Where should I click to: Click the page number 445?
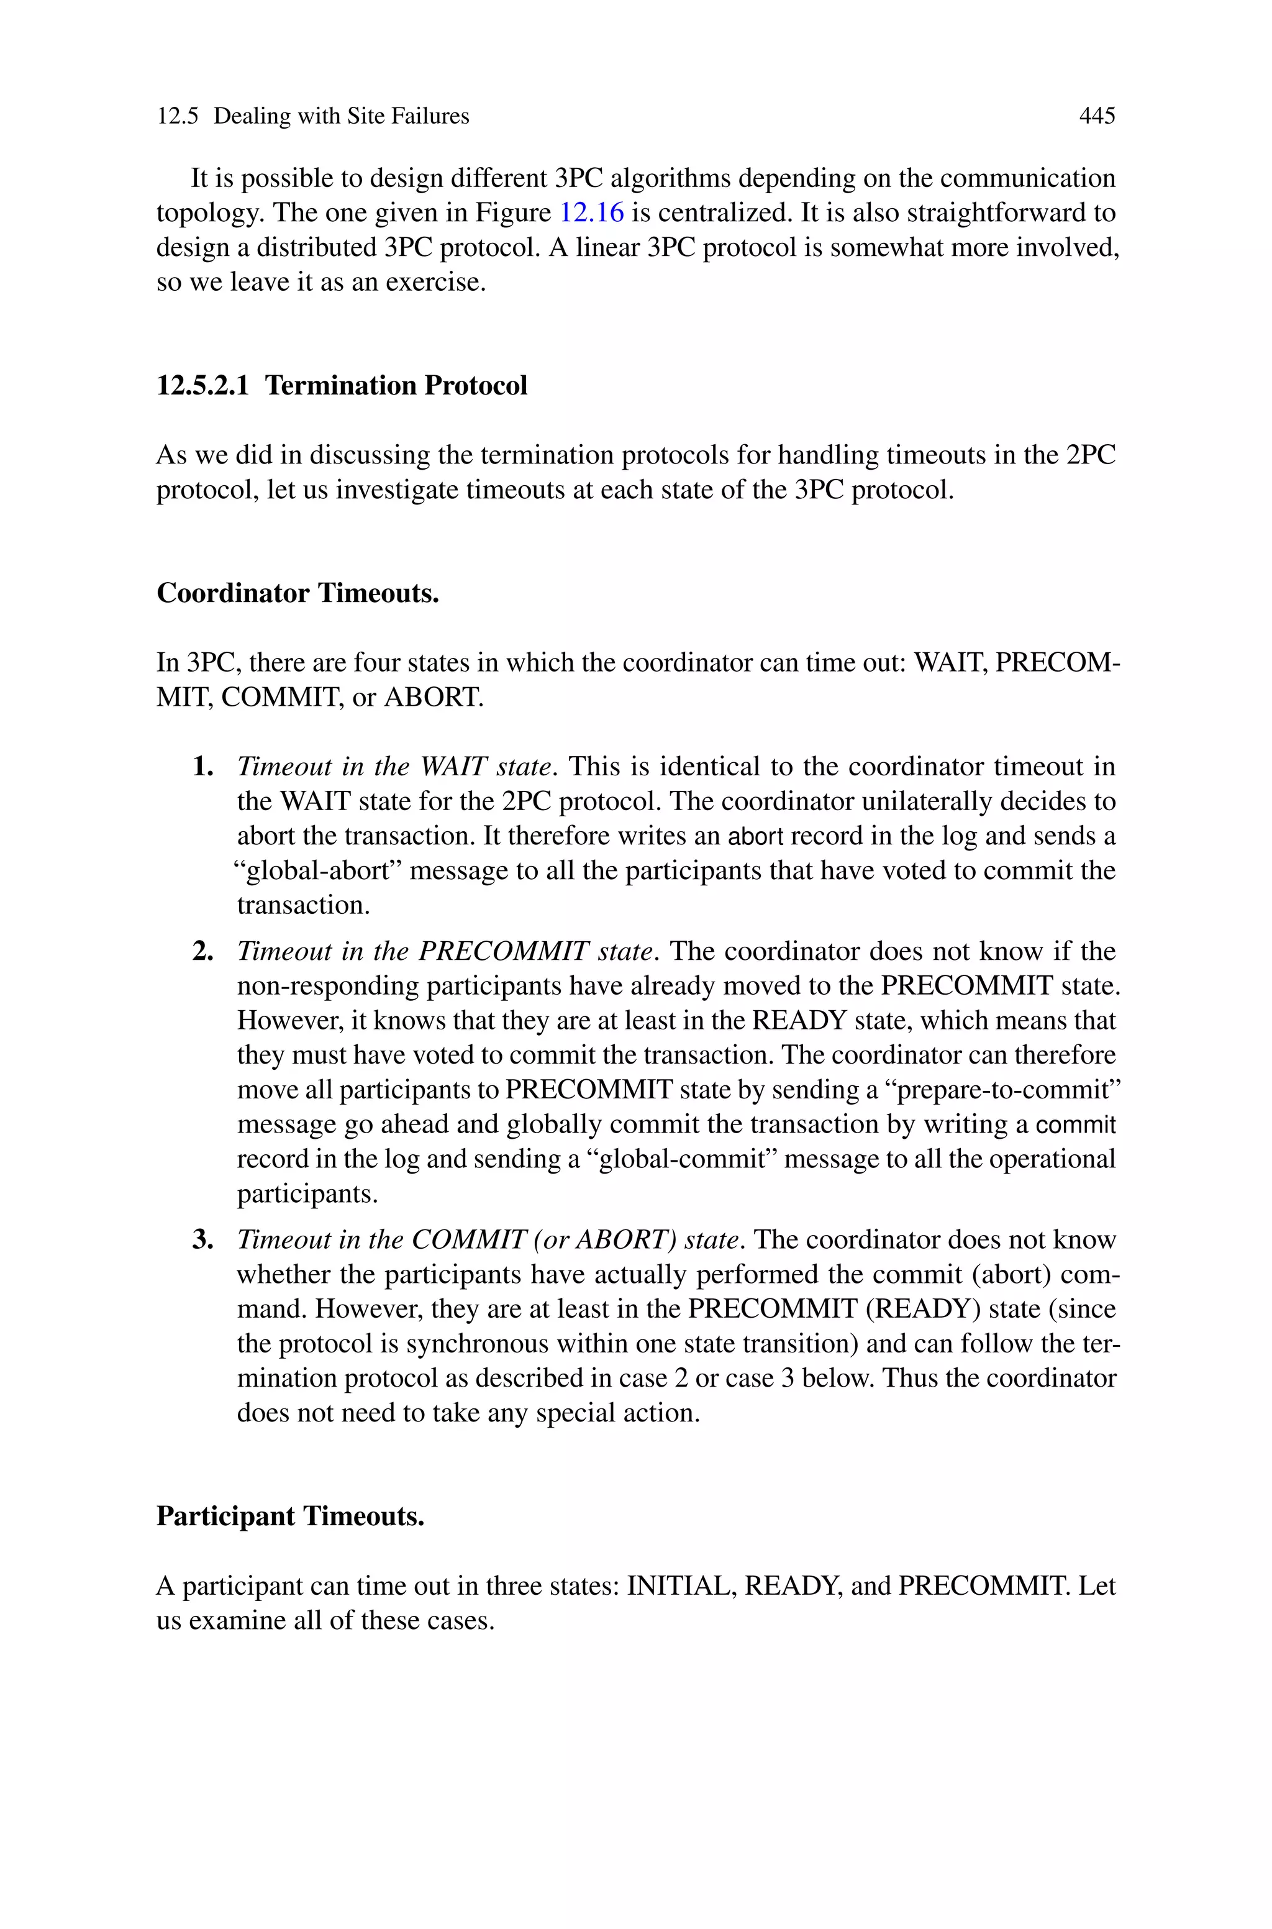pyautogui.click(x=1097, y=116)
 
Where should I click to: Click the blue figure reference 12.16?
pyautogui.click(x=592, y=212)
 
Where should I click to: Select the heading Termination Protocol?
pyautogui.click(x=396, y=385)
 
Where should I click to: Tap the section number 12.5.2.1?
pyautogui.click(x=203, y=385)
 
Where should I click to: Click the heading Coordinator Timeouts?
pyautogui.click(x=298, y=593)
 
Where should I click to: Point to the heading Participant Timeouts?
pyautogui.click(x=291, y=1516)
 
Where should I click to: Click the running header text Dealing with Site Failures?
pyautogui.click(x=342, y=116)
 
